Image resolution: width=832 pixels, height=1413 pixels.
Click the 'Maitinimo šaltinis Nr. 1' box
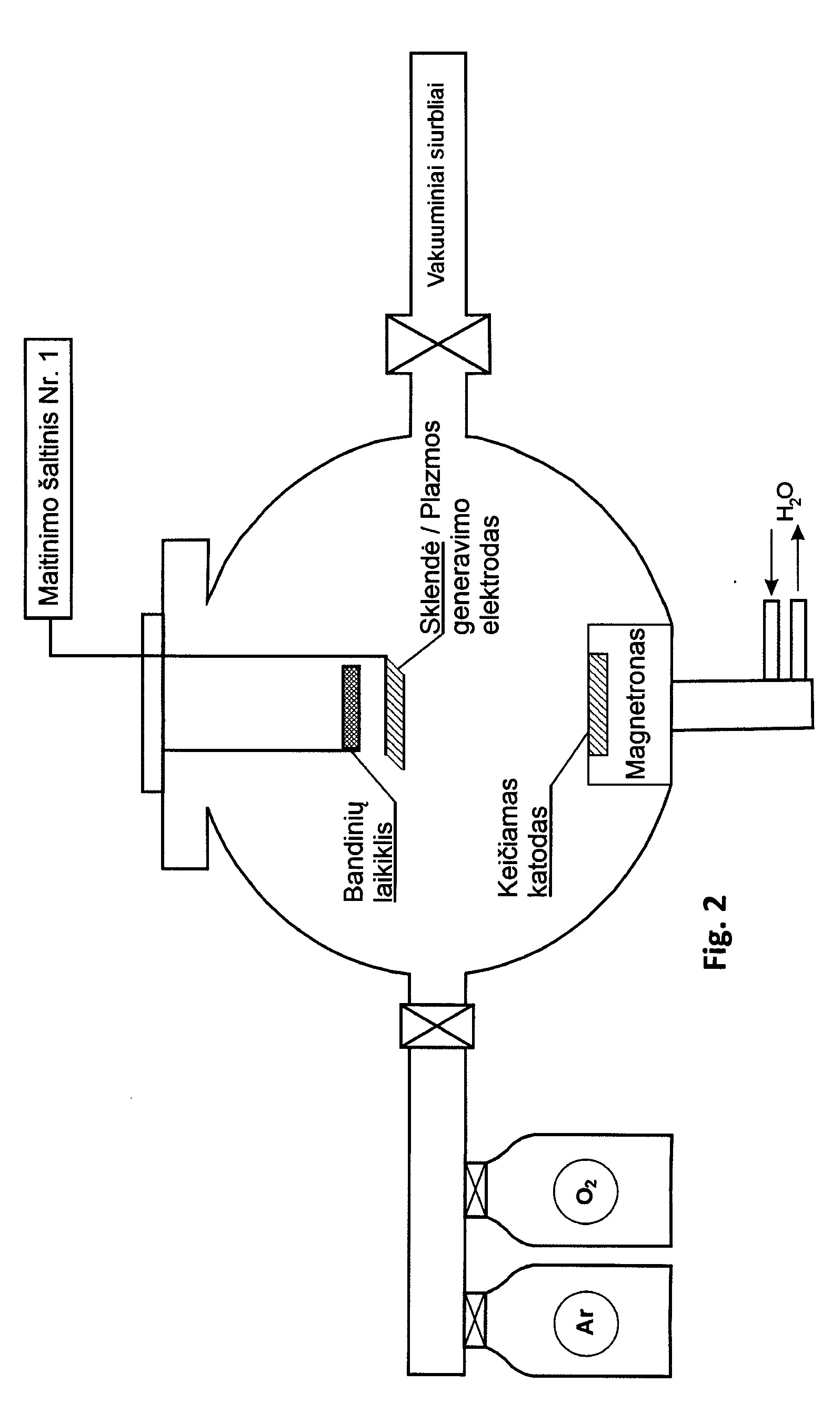[x=48, y=478]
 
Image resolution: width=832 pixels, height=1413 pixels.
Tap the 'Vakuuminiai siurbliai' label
[x=436, y=185]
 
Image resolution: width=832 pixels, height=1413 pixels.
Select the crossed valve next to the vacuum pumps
[x=438, y=344]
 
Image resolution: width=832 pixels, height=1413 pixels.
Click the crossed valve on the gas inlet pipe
[x=437, y=1026]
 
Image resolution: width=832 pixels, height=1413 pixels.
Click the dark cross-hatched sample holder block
[x=351, y=707]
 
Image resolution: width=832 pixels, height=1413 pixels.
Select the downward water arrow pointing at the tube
[x=771, y=563]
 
